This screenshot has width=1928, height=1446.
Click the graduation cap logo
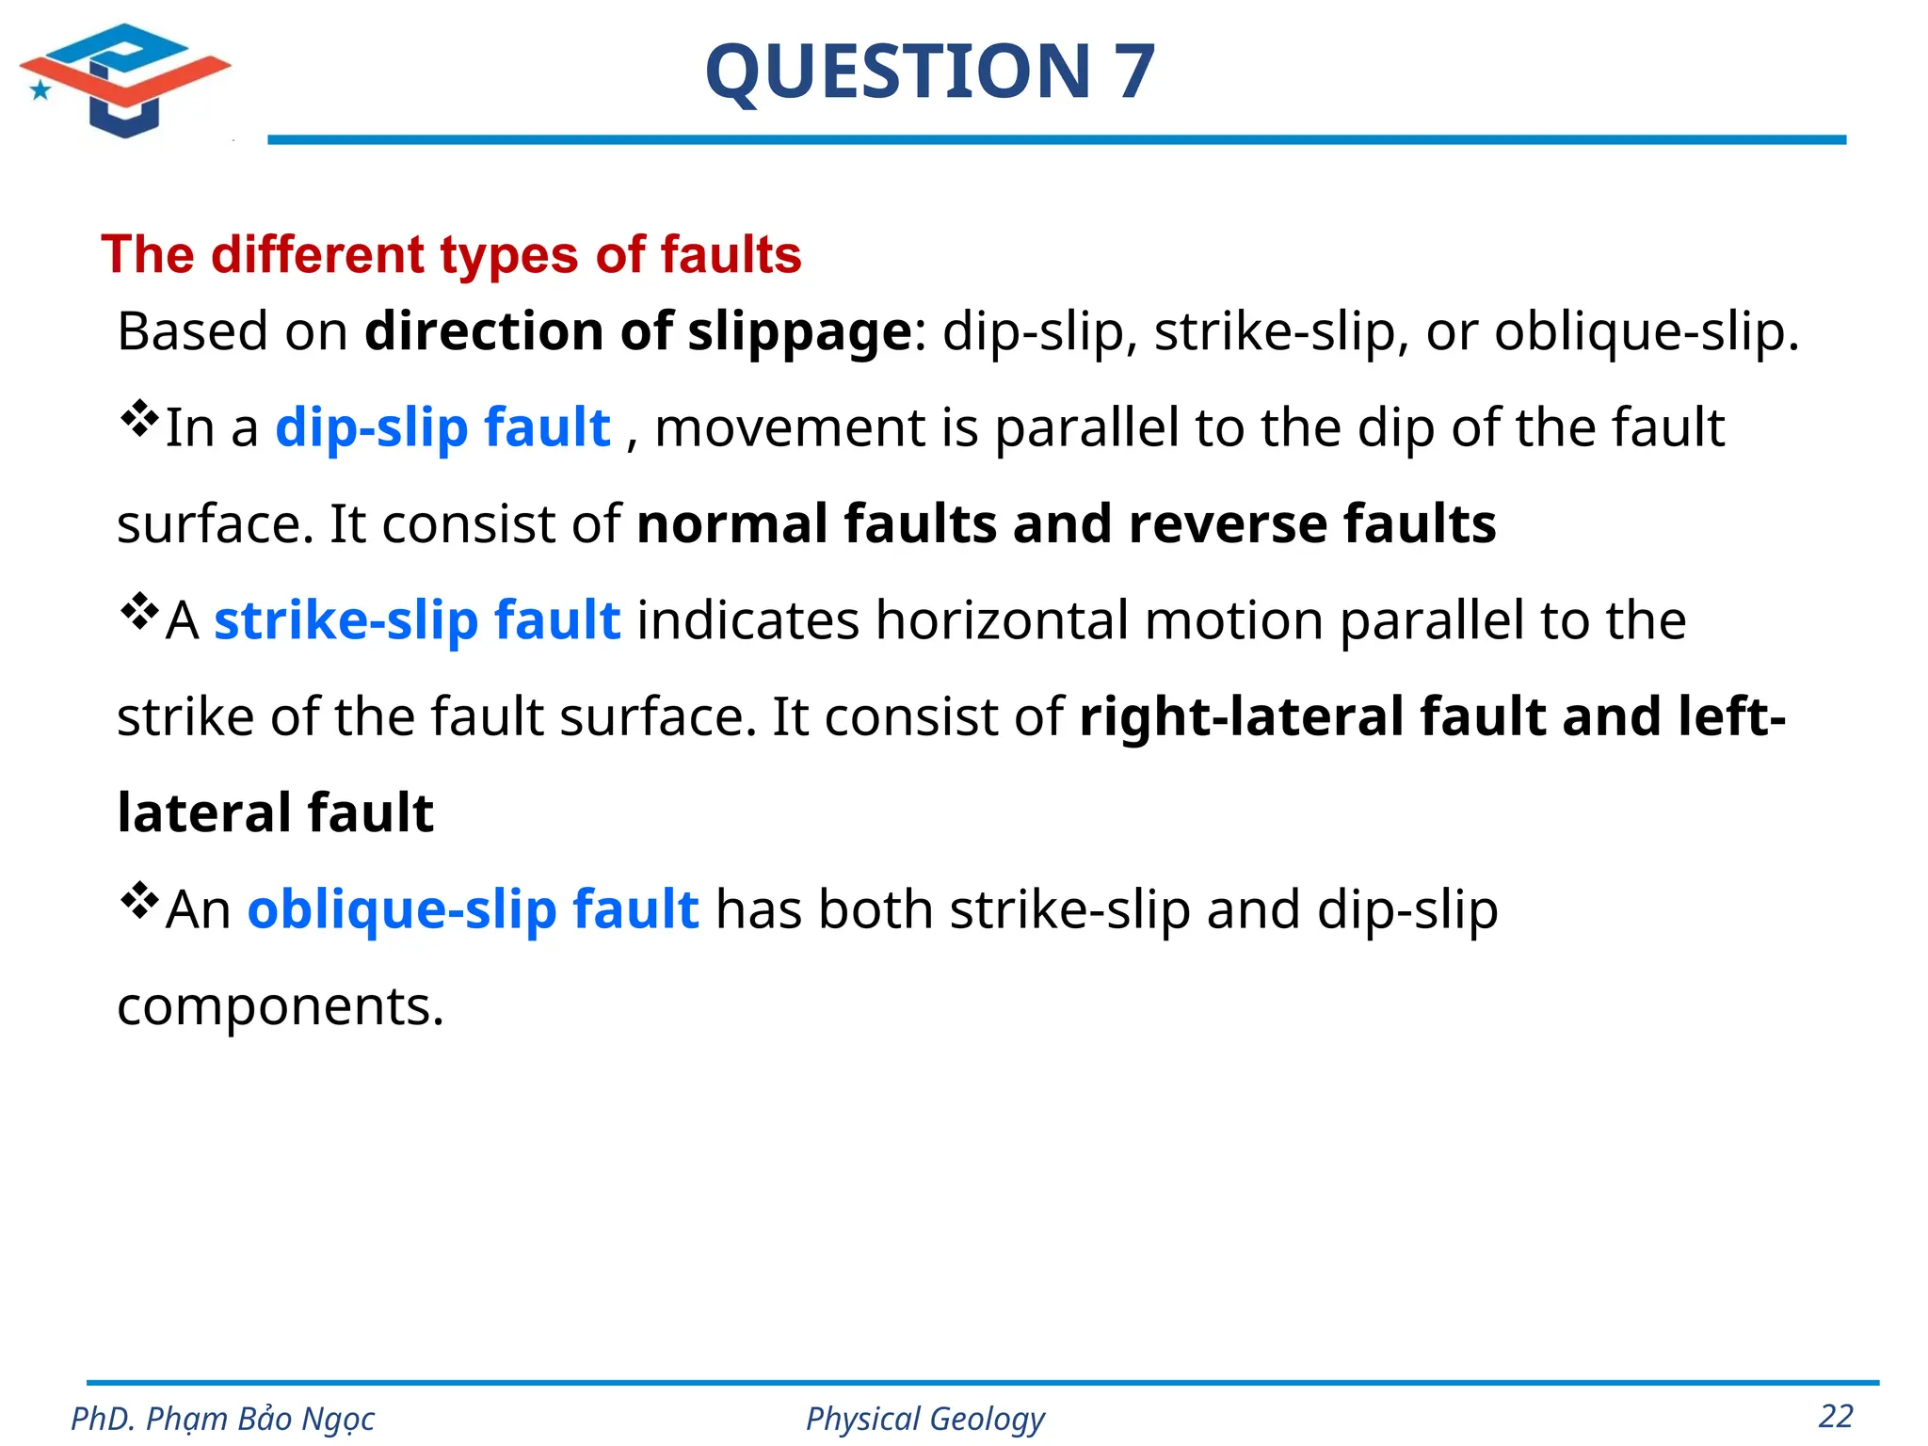(124, 79)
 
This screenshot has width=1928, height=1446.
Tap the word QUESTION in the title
(897, 72)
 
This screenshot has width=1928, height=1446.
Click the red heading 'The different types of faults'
(451, 254)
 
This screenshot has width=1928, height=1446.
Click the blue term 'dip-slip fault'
(442, 427)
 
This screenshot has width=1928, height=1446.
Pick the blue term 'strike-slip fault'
(417, 620)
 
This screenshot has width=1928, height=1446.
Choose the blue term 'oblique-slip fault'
(473, 909)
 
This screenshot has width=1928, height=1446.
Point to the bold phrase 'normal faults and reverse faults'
(1066, 523)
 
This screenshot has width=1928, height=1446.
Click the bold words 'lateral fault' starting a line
(275, 812)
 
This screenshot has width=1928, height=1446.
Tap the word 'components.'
(280, 1006)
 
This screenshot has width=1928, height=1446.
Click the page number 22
(1836, 1416)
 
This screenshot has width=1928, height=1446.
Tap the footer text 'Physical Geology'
(924, 1419)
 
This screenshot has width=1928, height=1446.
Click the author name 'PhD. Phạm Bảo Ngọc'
(222, 1419)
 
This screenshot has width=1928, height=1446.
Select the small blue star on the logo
(40, 90)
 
